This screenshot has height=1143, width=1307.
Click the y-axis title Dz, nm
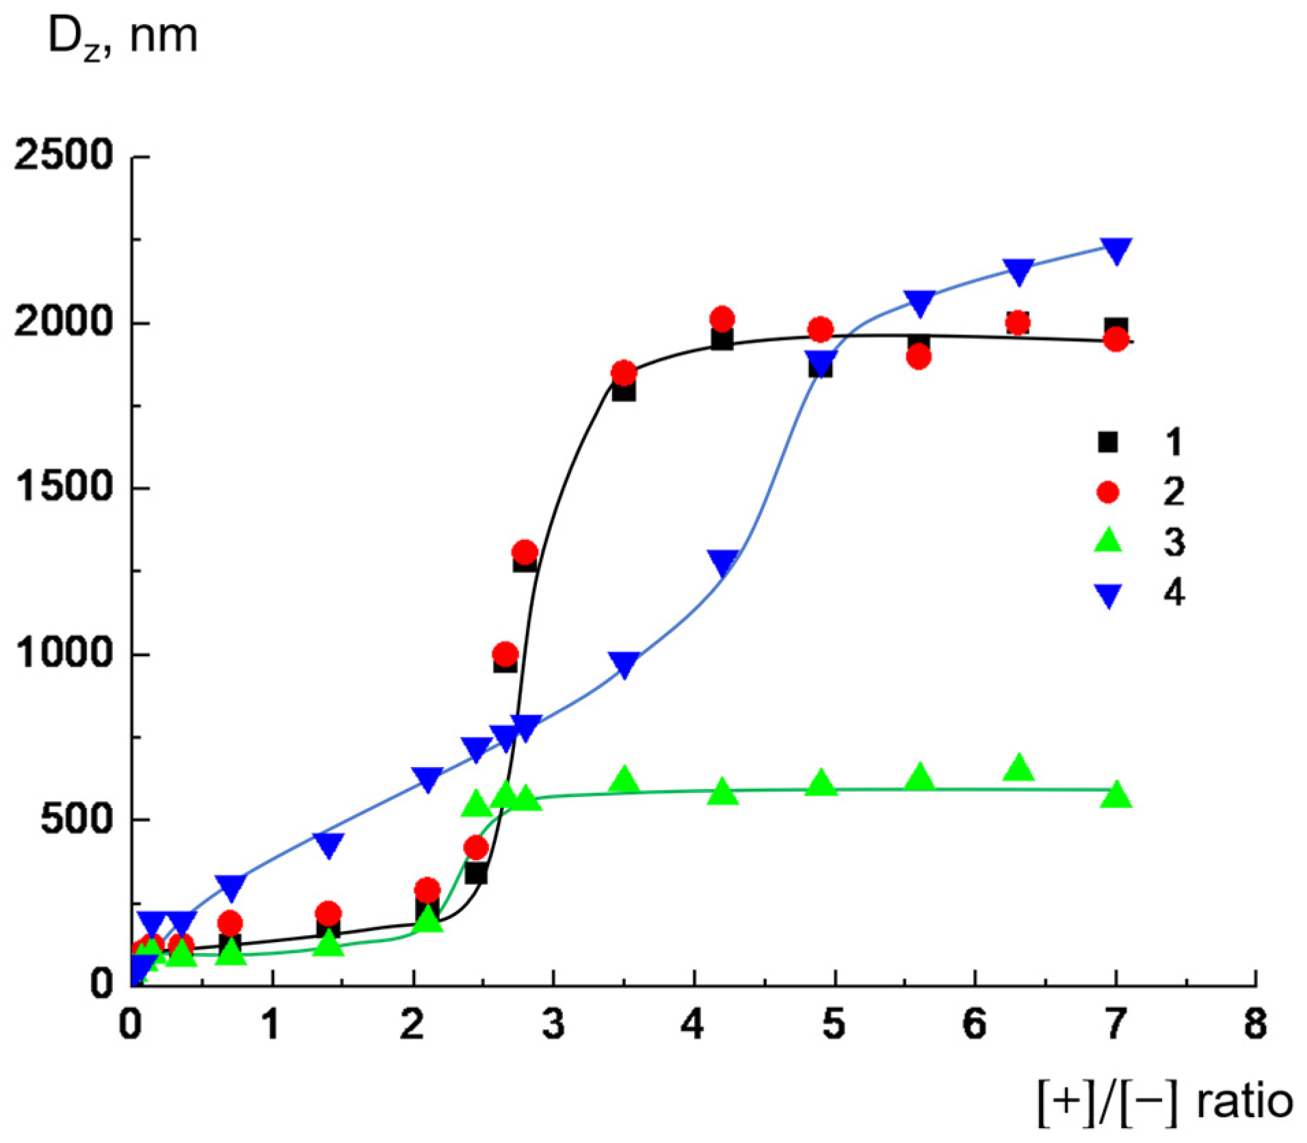click(x=122, y=38)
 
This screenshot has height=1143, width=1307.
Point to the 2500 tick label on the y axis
click(x=63, y=156)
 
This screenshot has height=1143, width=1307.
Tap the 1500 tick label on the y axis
click(x=63, y=488)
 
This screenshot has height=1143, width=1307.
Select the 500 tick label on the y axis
click(x=75, y=819)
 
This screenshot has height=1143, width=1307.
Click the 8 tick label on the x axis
click(x=1255, y=1024)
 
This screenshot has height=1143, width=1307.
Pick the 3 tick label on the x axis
click(x=553, y=1024)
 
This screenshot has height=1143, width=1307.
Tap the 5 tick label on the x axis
click(x=834, y=1024)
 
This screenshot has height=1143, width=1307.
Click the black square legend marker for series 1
click(x=1107, y=442)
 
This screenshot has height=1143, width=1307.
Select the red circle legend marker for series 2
click(x=1107, y=492)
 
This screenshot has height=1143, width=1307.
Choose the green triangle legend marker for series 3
click(x=1107, y=541)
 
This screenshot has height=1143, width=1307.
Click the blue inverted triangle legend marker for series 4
click(x=1107, y=595)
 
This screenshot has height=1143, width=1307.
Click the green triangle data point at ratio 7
click(x=1115, y=794)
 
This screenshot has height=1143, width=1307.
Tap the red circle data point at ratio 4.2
click(x=722, y=319)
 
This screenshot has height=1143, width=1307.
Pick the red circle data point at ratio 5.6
click(x=919, y=356)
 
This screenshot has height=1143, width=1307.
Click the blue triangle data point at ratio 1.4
click(x=329, y=844)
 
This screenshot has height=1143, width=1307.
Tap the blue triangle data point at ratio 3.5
click(x=624, y=663)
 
